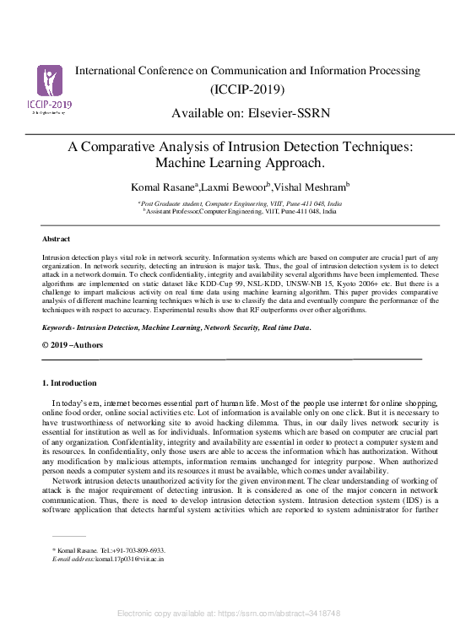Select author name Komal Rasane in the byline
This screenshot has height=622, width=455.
160,187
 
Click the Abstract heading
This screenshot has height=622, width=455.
56,240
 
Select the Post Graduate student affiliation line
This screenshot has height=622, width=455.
240,204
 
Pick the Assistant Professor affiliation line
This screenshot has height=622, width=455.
241,212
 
